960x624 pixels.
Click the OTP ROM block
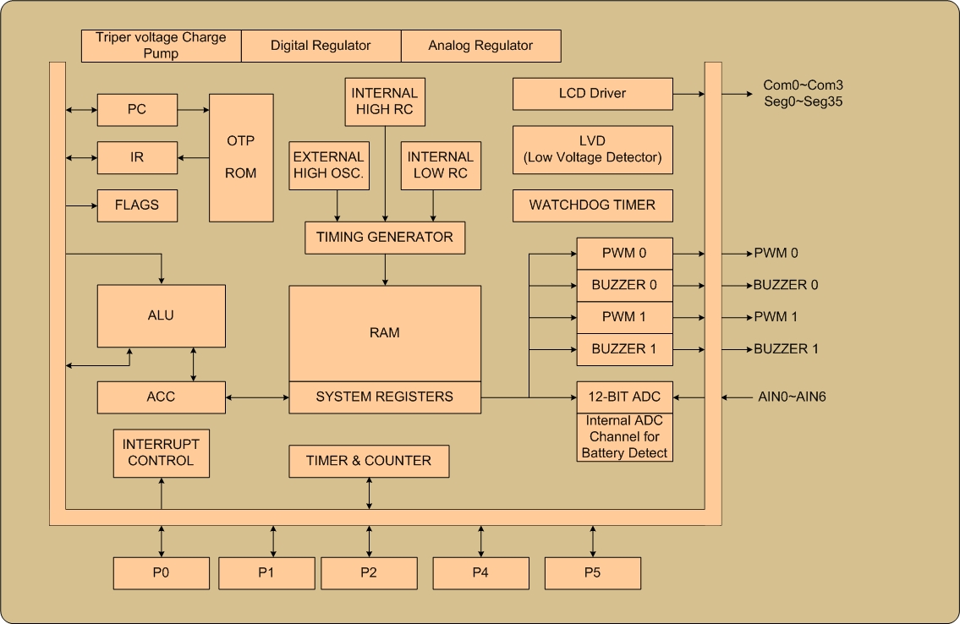[241, 157]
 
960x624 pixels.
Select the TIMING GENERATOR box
[385, 238]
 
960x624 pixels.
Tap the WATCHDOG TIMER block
[592, 205]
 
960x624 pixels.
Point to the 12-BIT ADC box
[624, 397]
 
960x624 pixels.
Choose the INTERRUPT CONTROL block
[161, 453]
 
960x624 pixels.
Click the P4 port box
[480, 573]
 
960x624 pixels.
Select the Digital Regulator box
[321, 46]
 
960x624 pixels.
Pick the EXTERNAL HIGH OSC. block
[328, 166]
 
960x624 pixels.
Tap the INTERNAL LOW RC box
[440, 166]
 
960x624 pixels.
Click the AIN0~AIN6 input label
[791, 397]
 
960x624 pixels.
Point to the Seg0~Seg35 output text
[803, 101]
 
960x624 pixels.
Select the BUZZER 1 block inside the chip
[624, 349]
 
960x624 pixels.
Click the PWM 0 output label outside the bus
[776, 253]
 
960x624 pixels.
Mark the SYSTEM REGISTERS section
[385, 397]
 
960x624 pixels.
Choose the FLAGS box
[137, 205]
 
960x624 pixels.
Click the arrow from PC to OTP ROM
[193, 110]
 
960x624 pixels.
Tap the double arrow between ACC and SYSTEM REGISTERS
[257, 397]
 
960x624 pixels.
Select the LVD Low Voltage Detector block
[592, 150]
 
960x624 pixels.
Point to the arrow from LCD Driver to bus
[688, 94]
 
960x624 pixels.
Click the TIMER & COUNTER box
[369, 461]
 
